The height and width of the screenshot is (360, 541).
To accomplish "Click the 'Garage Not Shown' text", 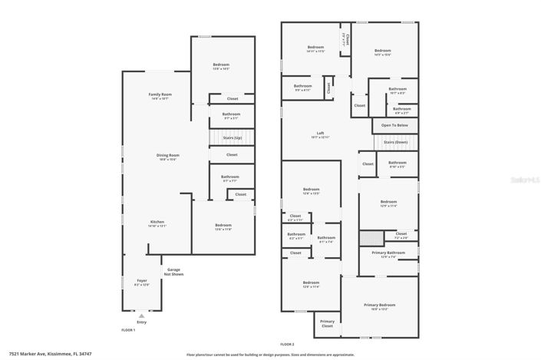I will click(174, 272).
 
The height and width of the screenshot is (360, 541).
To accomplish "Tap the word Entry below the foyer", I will click(140, 322).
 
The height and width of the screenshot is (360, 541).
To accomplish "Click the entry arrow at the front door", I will click(140, 315).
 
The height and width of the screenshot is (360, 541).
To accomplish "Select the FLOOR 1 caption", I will click(128, 329).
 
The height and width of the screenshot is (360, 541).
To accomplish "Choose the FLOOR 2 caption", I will click(286, 344).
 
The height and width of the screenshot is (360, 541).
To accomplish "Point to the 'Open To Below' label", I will click(395, 124).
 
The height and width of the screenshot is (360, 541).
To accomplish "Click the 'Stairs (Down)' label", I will click(396, 143).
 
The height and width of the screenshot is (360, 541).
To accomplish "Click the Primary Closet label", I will click(327, 322).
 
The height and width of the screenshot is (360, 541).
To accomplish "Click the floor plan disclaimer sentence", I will click(270, 355).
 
